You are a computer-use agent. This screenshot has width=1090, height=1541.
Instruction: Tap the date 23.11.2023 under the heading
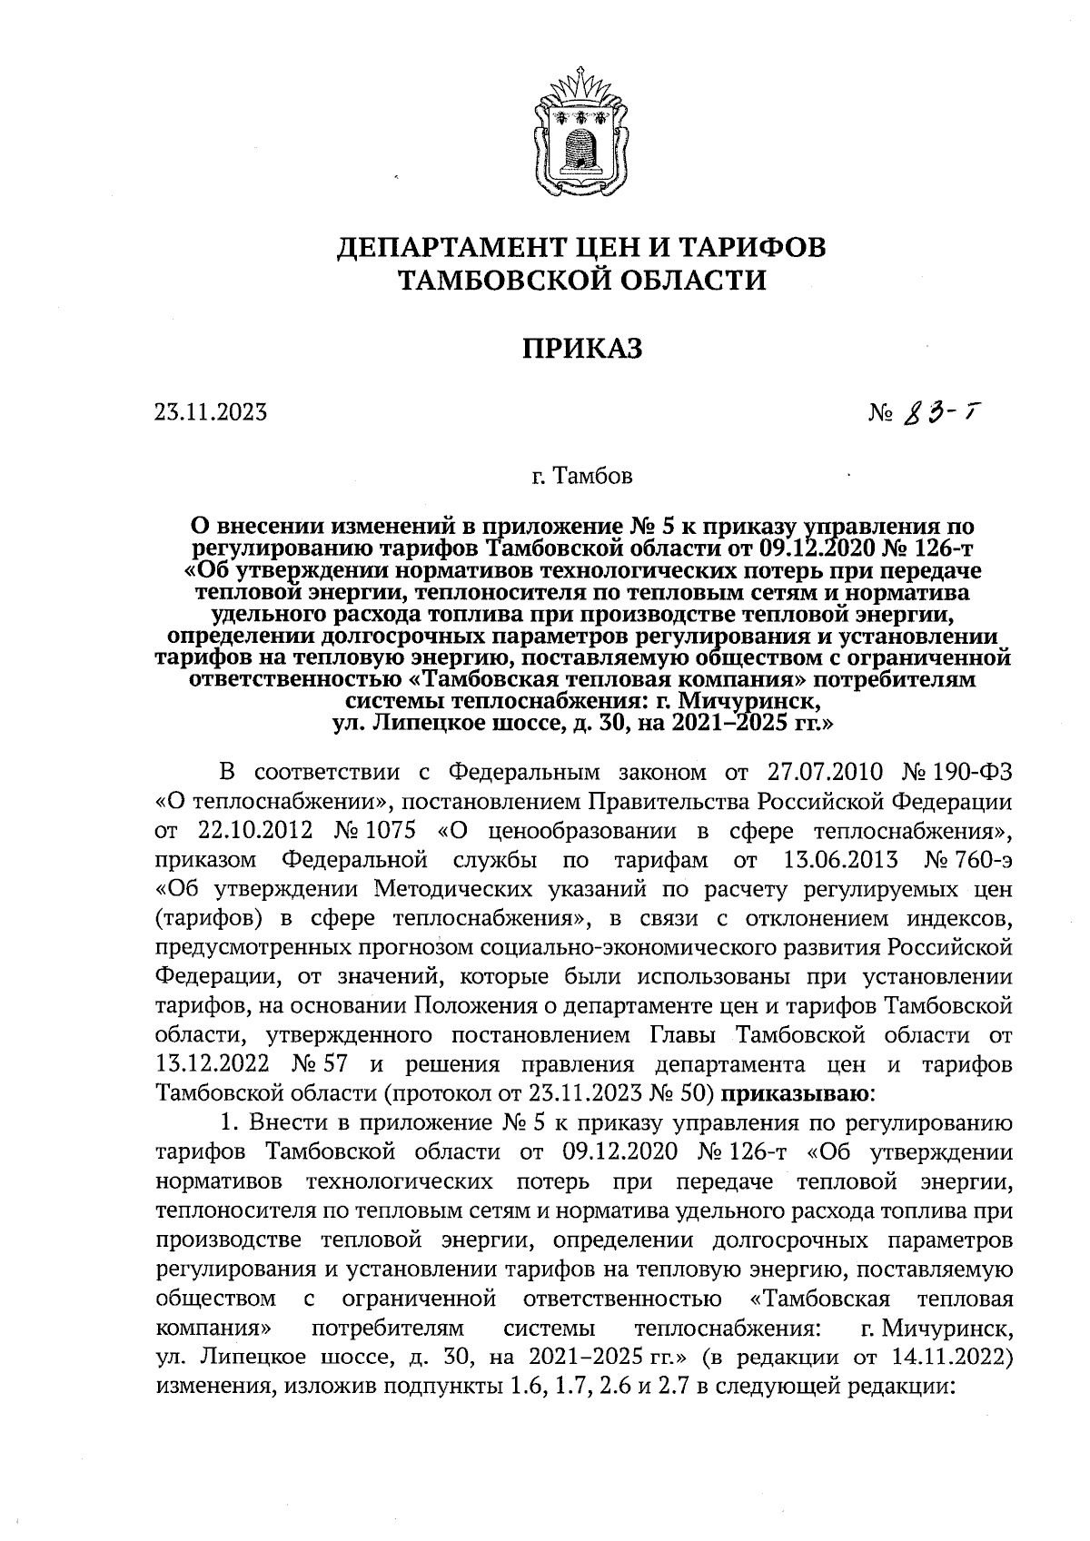(210, 413)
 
